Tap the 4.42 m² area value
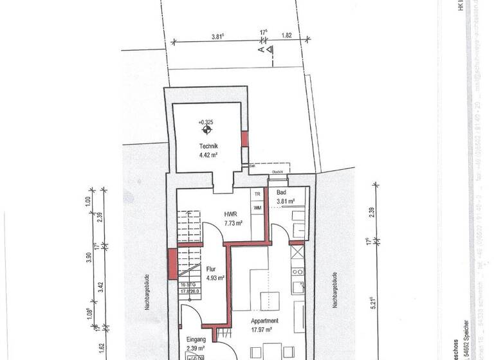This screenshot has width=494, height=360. click(x=210, y=155)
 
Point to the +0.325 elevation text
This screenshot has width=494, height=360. click(x=206, y=122)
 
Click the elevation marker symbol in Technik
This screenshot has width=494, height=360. click(x=206, y=131)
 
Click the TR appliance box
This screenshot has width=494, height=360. click(x=257, y=194)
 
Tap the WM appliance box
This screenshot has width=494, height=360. click(x=257, y=208)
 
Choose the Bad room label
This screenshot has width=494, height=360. click(x=281, y=193)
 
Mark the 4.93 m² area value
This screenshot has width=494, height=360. click(x=215, y=278)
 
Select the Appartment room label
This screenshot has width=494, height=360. click(x=264, y=321)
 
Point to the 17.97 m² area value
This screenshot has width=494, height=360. click(x=264, y=330)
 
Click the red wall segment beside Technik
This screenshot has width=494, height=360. click(x=244, y=139)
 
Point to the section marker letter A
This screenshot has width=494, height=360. click(x=261, y=48)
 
